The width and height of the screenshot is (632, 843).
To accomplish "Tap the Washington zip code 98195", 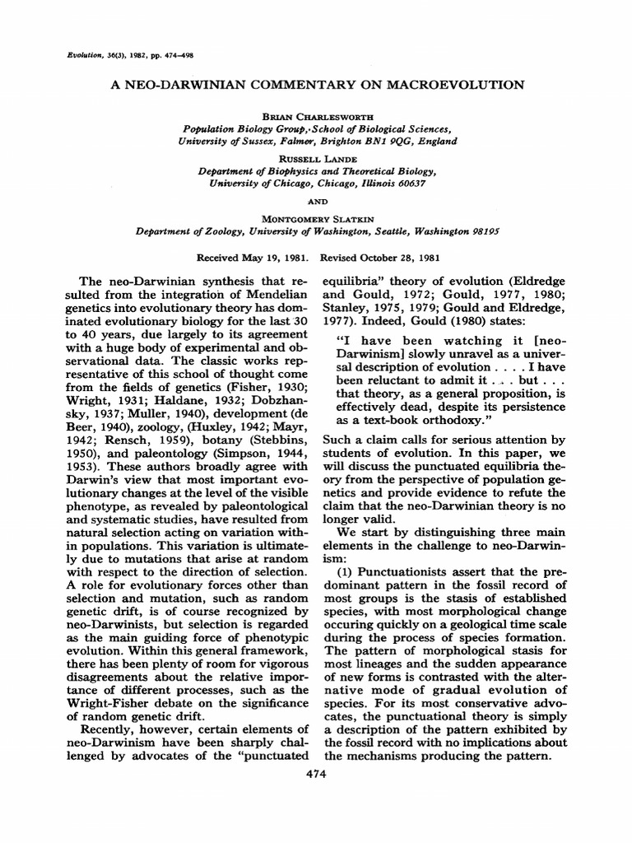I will tap(478, 232).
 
